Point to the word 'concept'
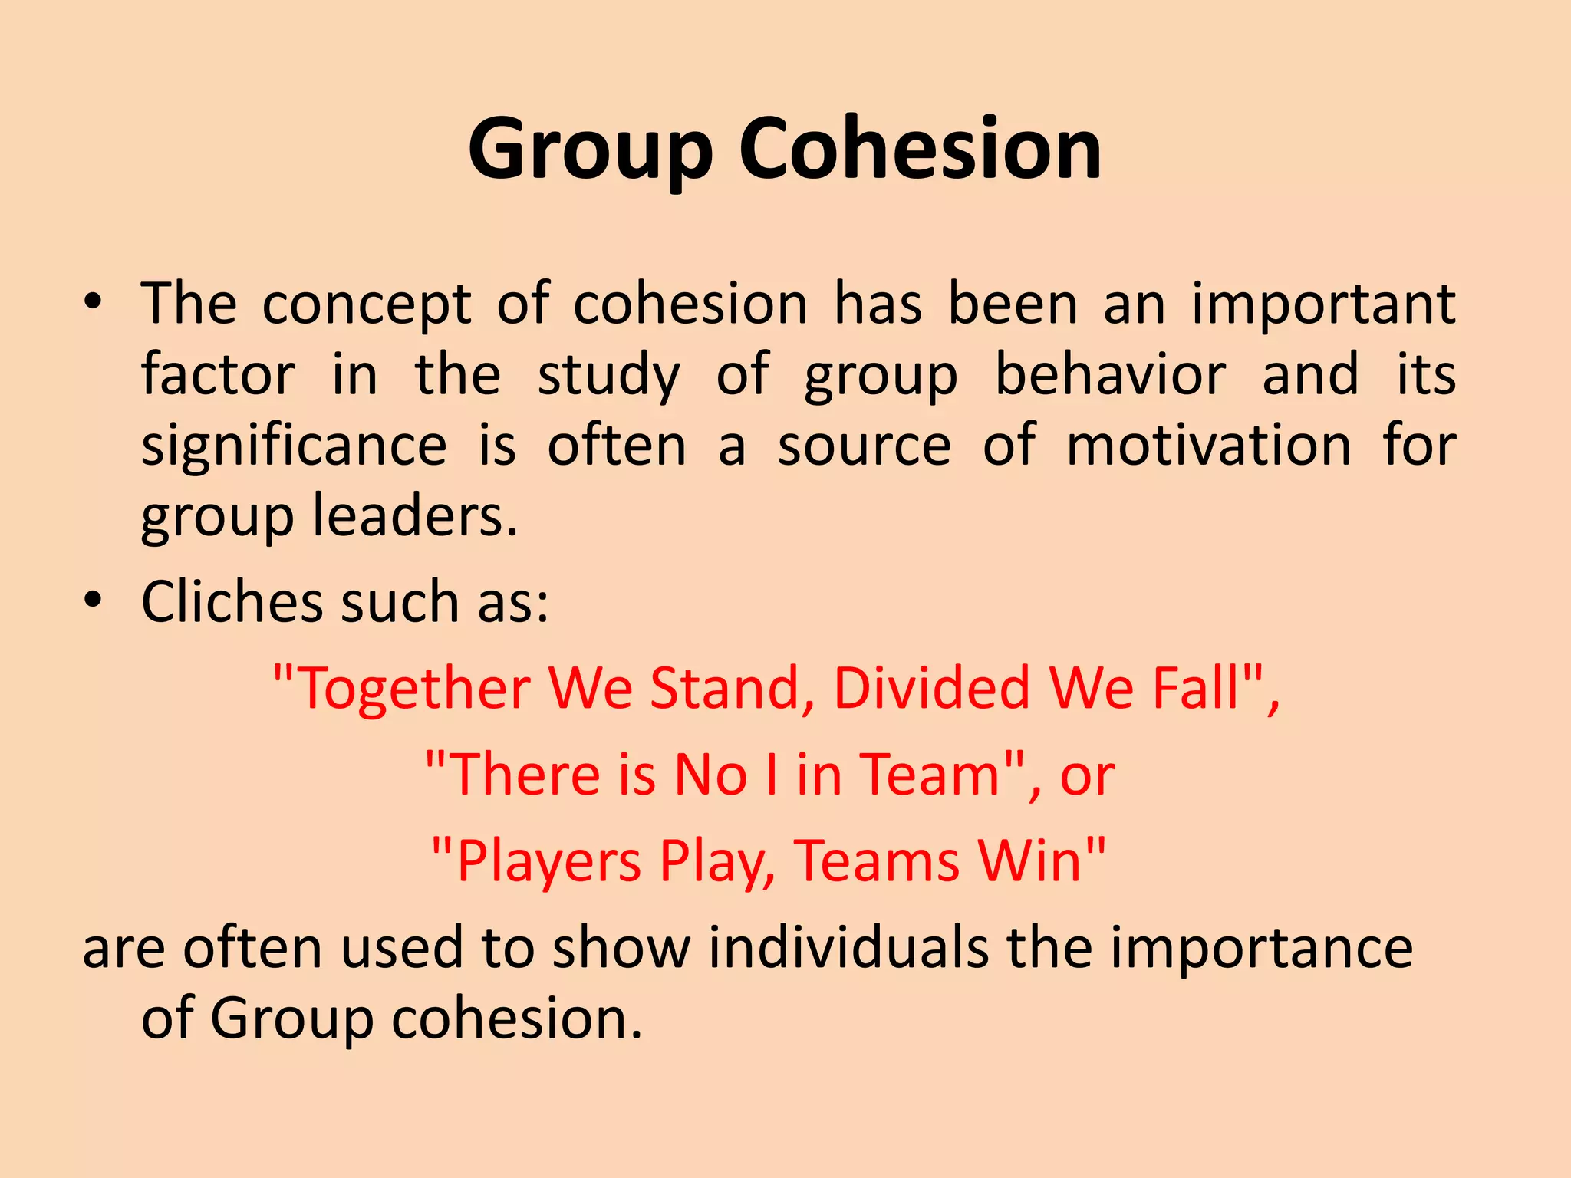click(367, 305)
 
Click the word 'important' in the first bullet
click(1323, 305)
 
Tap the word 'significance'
click(294, 446)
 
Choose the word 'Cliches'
click(232, 601)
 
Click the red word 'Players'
click(548, 861)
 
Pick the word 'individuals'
click(848, 948)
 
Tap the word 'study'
click(608, 376)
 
